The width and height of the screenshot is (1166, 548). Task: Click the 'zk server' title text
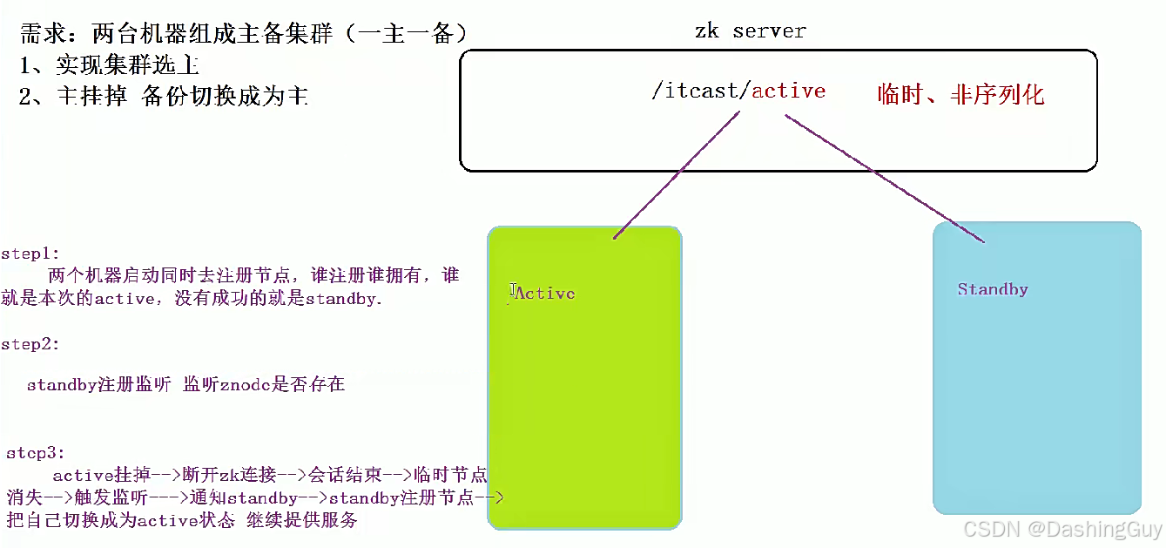[750, 31]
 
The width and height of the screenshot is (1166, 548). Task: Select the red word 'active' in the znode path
[788, 91]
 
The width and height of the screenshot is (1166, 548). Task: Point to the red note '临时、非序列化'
[960, 94]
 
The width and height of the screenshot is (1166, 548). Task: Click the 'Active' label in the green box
[545, 294]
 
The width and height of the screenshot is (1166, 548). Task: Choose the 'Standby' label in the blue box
[993, 289]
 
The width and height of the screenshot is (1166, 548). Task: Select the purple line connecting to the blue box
[884, 179]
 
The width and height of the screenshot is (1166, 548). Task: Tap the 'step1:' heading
[30, 254]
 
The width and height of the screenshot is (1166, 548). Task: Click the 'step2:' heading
[30, 344]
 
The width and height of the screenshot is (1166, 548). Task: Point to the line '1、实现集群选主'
[109, 64]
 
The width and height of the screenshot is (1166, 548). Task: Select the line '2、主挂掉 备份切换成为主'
[163, 95]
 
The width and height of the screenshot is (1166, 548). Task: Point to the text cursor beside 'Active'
[511, 292]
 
